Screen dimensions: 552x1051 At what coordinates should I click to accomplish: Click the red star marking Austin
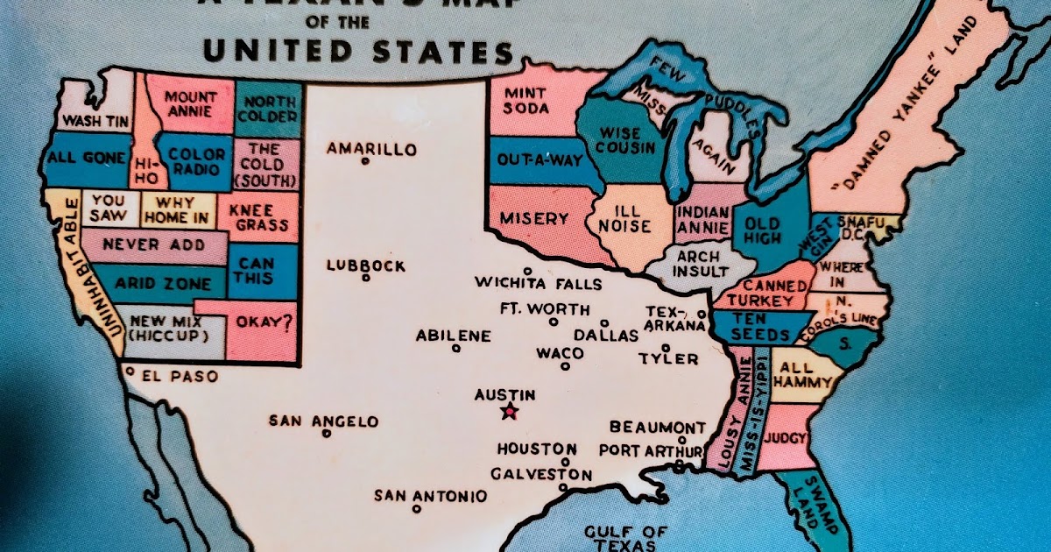click(508, 412)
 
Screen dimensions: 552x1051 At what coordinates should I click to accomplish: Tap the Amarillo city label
click(371, 149)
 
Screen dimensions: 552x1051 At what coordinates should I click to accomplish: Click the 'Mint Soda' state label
click(526, 100)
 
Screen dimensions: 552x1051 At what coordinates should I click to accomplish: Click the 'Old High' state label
click(762, 231)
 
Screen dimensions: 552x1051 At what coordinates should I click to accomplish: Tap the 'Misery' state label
click(533, 218)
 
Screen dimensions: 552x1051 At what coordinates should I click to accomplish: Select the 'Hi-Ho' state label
click(145, 170)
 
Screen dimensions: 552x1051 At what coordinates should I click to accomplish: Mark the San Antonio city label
click(430, 496)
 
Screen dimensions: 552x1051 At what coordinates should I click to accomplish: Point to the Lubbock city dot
click(366, 279)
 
